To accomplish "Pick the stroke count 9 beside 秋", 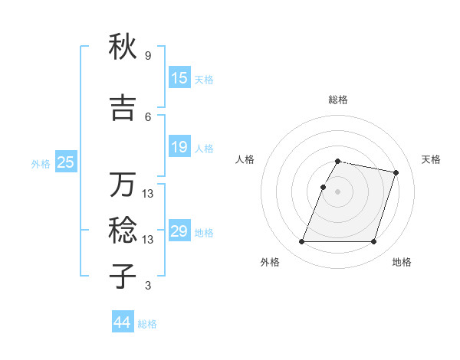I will coord(147,56).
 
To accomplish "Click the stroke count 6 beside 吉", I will coord(147,116).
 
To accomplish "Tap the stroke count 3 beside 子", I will coord(147,286).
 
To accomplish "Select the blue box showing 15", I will coord(179,78).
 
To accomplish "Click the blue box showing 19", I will coord(179,147).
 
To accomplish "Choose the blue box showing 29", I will coord(179,231).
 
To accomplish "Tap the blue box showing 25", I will coord(66,162).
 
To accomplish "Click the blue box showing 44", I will coord(122,322).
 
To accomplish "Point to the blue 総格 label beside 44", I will coord(147,324).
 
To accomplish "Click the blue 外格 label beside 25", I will coord(41,163).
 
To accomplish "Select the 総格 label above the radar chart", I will coord(338,100).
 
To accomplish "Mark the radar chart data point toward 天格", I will coord(396,173).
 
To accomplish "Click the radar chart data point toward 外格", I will coord(302,242).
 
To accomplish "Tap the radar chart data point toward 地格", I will coord(373,242).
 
